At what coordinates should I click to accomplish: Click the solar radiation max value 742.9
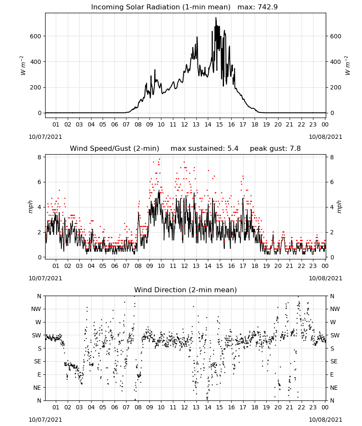point(267,7)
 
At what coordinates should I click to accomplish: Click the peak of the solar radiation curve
point(216,17)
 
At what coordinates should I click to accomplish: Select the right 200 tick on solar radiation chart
point(336,87)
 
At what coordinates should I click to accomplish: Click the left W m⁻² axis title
point(23,66)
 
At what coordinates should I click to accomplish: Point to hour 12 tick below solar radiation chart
point(184,124)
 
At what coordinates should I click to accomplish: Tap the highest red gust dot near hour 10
point(159,159)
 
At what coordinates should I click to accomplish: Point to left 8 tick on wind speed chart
point(39,157)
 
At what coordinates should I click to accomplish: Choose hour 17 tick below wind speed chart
point(243,266)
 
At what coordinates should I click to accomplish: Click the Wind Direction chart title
point(186,290)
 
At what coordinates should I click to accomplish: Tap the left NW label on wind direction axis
point(36,309)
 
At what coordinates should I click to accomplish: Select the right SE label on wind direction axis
point(334,361)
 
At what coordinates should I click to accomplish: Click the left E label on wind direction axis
point(39,374)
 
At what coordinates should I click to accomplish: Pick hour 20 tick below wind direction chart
point(278,407)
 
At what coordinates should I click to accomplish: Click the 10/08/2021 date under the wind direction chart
point(325,420)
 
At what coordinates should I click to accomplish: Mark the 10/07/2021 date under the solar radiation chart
point(45,137)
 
